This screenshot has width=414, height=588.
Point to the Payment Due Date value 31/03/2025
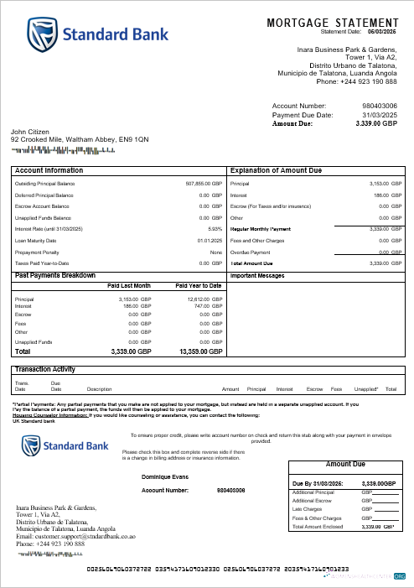coord(379,115)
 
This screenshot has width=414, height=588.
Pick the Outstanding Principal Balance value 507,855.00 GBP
coord(204,183)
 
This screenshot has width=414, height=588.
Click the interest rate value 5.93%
coord(215,228)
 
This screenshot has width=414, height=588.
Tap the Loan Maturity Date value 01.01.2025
coord(210,240)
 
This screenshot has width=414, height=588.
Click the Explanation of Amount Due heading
coord(276,170)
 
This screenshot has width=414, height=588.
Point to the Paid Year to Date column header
coord(199,286)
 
